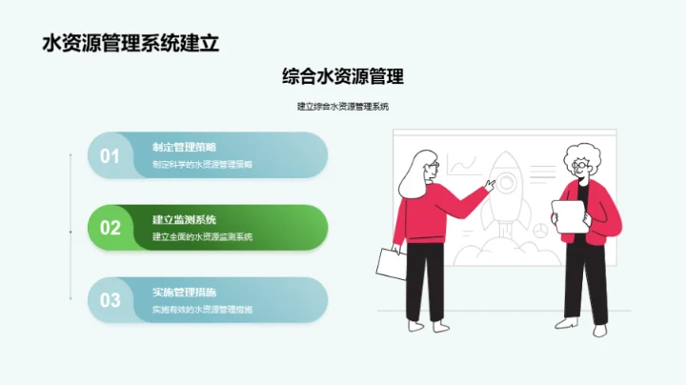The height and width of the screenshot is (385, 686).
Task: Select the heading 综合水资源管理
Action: click(343, 77)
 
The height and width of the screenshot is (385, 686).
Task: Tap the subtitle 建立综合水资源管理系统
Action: click(343, 107)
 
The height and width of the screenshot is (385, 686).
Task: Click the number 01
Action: click(111, 155)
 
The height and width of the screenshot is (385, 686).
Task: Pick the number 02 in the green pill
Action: click(111, 228)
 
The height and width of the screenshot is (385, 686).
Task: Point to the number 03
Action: click(111, 300)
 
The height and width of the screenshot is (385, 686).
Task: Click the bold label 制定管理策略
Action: click(184, 147)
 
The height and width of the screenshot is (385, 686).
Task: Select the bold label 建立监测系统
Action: click(184, 219)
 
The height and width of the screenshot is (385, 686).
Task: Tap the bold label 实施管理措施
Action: click(184, 292)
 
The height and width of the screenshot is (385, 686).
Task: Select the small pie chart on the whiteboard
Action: click(538, 230)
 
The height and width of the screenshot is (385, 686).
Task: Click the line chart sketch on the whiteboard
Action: click(463, 166)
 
